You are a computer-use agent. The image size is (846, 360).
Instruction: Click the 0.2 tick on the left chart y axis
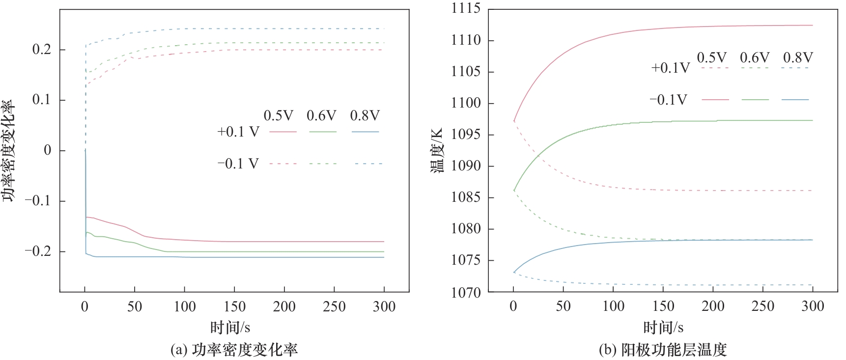tap(42, 50)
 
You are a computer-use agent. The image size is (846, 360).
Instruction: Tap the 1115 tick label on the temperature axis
tap(466, 8)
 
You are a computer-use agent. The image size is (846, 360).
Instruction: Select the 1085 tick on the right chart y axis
tap(466, 197)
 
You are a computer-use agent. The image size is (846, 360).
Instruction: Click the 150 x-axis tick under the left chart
tap(234, 307)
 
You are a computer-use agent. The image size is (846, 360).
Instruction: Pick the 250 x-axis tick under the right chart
tap(762, 306)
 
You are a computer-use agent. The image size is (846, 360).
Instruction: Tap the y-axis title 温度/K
tap(437, 150)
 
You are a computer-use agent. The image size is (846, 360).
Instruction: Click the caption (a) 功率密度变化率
tap(234, 350)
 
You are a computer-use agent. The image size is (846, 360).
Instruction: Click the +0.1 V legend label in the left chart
tap(238, 132)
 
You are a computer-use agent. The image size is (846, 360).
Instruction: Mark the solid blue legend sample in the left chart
tap(366, 132)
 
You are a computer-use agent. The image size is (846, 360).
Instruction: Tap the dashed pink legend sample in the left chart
tap(283, 164)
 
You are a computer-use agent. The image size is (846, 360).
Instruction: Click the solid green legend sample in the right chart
tap(755, 100)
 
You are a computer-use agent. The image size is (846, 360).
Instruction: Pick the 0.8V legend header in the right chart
tap(798, 57)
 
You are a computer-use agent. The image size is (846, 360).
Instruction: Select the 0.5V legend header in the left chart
tap(278, 116)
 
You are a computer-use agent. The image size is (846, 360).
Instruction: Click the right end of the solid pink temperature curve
tap(812, 25)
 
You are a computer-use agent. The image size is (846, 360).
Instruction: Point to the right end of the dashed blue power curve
tap(384, 28)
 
